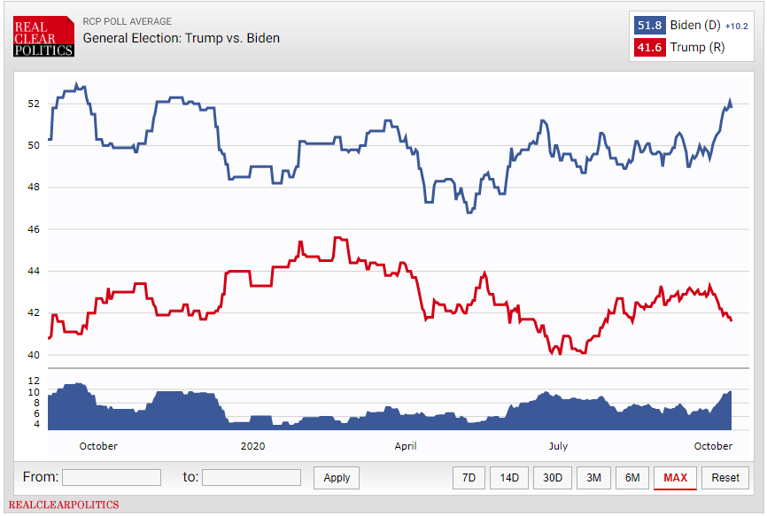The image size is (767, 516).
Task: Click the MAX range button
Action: [675, 477]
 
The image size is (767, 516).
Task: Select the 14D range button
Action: [508, 477]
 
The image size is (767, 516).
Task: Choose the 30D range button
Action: [553, 477]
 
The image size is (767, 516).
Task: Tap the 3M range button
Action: [593, 477]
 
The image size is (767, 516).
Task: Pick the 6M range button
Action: [632, 477]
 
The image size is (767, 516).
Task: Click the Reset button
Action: [725, 477]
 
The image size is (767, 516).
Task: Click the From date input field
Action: [112, 477]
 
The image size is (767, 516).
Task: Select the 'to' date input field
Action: [252, 477]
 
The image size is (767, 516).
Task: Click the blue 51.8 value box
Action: [649, 25]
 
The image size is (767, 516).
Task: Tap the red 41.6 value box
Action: [649, 48]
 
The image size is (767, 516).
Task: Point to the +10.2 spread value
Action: [736, 27]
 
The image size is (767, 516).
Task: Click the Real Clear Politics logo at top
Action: [43, 36]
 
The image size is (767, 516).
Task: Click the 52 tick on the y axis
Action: [34, 104]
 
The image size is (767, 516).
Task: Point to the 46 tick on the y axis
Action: [34, 229]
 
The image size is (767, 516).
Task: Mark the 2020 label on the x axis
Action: [253, 446]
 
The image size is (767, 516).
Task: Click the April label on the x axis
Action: [406, 446]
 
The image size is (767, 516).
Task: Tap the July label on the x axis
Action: [558, 446]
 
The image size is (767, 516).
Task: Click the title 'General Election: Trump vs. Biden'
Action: [181, 38]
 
